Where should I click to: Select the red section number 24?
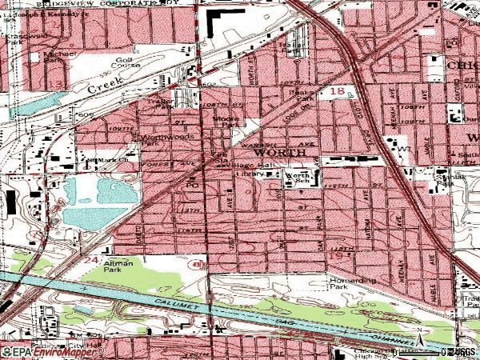(92, 261)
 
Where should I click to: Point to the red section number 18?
(337, 93)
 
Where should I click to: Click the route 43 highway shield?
(196, 262)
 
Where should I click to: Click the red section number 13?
(58, 84)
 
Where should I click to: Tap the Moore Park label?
(225, 122)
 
